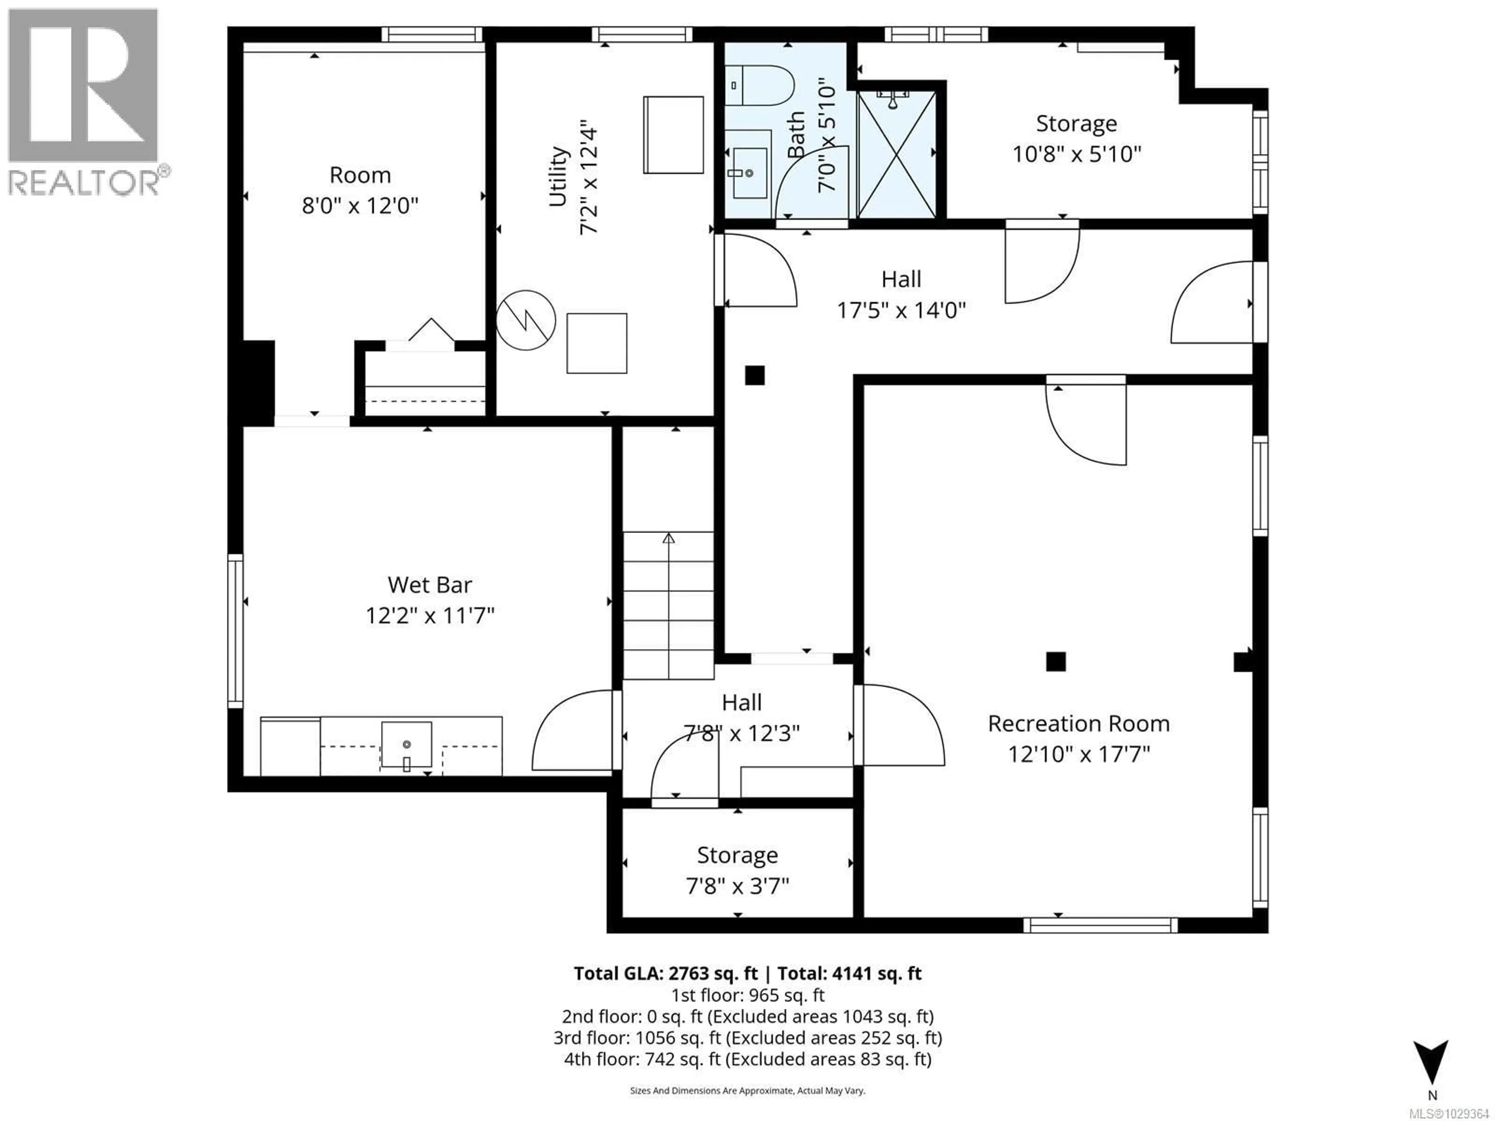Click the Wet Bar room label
(x=430, y=585)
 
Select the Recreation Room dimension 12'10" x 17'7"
(x=1079, y=754)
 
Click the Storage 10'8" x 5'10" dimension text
(x=1076, y=154)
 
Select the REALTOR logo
(x=84, y=101)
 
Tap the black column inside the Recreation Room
(x=1056, y=662)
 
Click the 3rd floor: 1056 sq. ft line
(x=747, y=1038)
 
